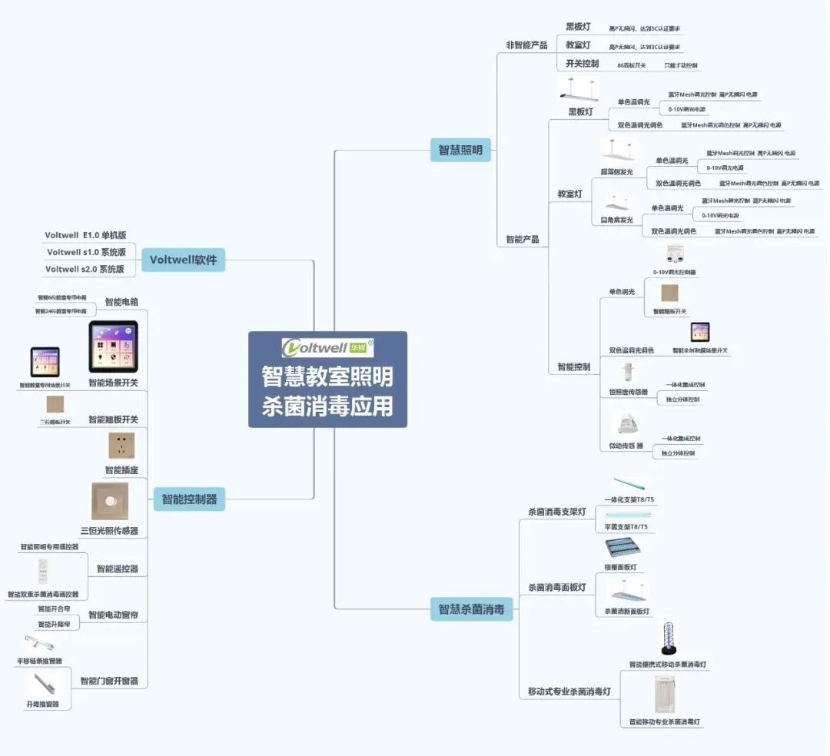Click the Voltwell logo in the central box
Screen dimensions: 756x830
tap(327, 348)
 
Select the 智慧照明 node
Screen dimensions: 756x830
tap(460, 151)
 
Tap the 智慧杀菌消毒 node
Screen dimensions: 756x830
tap(471, 609)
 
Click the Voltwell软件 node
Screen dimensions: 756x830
tap(183, 260)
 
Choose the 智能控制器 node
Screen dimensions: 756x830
tap(189, 499)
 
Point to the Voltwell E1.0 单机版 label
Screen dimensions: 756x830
tap(85, 235)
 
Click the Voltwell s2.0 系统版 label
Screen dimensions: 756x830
tap(85, 269)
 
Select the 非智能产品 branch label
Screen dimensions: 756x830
tap(526, 45)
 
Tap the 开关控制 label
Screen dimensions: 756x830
tap(582, 64)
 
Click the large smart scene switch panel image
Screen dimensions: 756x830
tap(113, 347)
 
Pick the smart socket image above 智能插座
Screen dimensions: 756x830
tap(121, 446)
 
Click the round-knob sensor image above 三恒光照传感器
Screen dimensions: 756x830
tap(110, 501)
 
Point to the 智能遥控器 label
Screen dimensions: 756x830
tap(118, 569)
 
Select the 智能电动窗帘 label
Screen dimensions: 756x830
tap(118, 615)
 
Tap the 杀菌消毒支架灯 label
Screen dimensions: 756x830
tap(557, 512)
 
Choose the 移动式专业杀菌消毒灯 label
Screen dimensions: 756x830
tap(569, 691)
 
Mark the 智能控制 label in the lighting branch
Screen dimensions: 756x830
tap(574, 367)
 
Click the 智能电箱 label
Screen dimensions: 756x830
tap(121, 302)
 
